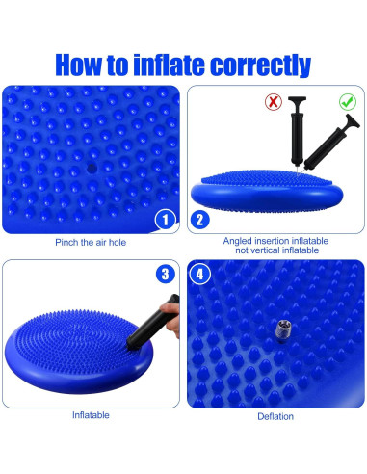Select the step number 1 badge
pos(165,220)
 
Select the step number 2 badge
pos(200,220)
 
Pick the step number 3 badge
pos(165,274)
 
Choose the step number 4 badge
pos(200,274)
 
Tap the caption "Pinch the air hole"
pos(90,241)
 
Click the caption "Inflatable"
pos(90,415)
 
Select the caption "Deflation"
pos(275,416)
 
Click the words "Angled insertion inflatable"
pos(275,241)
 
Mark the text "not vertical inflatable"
pos(275,250)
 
